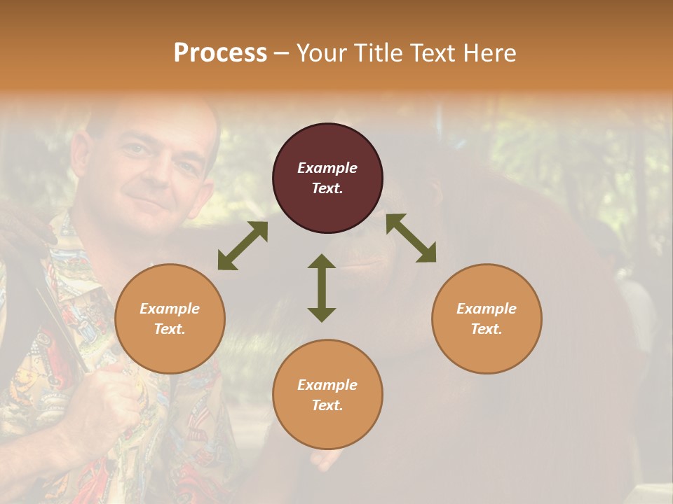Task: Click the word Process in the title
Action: click(x=220, y=53)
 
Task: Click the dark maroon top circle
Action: click(x=327, y=178)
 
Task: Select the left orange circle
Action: click(x=170, y=318)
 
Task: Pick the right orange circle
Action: click(x=487, y=318)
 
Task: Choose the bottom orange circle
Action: click(x=327, y=395)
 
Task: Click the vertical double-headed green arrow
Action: click(x=322, y=288)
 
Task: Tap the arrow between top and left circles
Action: click(x=243, y=246)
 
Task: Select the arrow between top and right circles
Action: click(x=411, y=238)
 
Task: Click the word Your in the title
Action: click(x=320, y=53)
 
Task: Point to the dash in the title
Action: click(x=282, y=53)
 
